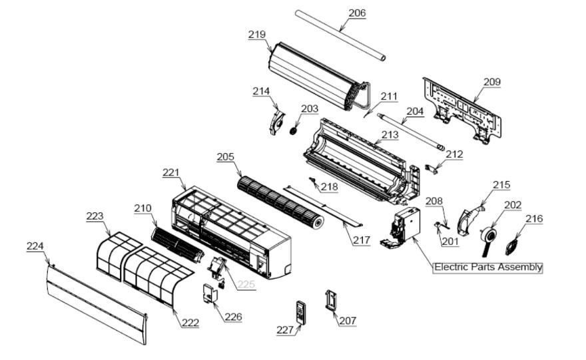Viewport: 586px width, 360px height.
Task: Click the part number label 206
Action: tap(357, 13)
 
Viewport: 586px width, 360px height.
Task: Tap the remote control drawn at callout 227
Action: tap(301, 312)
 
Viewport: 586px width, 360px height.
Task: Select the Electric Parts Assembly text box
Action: tap(487, 268)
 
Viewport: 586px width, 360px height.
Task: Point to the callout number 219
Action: tap(257, 35)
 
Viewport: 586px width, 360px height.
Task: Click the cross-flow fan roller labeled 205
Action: tap(280, 202)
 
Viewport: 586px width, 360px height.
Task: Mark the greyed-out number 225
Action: tap(246, 284)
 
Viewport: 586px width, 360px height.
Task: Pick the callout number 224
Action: tap(35, 246)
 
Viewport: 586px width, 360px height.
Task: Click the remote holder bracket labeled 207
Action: tap(332, 300)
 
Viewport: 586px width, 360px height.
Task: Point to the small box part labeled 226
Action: tap(210, 294)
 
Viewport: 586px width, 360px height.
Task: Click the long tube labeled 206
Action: tap(340, 35)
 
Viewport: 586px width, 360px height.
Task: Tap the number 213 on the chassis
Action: tap(390, 134)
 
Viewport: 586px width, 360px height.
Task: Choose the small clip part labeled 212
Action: tap(432, 169)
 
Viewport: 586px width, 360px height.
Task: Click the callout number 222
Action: tap(190, 322)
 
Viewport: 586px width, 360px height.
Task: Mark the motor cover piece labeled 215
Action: tap(471, 220)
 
